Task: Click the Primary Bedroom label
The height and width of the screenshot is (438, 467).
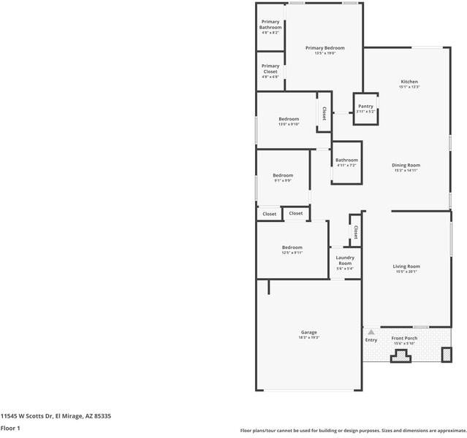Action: point(324,48)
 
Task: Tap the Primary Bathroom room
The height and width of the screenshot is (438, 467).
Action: point(270,28)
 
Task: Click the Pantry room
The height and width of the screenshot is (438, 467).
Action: point(365,108)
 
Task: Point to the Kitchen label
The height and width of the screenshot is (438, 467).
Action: point(409,81)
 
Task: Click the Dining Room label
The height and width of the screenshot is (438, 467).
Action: point(406,165)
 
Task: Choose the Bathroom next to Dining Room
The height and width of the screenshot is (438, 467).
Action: point(346,162)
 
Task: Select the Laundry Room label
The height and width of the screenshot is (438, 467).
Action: point(345,260)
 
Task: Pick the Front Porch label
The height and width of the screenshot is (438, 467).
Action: point(403,338)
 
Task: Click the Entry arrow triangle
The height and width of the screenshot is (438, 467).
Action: point(371,331)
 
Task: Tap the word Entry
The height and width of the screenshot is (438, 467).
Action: point(371,339)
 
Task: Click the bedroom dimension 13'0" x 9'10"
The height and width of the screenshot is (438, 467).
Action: point(289,124)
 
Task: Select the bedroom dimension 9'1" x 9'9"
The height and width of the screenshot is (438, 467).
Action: point(283,180)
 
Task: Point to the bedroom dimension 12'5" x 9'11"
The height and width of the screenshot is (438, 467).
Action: point(292,253)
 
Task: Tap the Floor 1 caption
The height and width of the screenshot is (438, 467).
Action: point(10,428)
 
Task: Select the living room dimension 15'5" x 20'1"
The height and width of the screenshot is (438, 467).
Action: point(406,272)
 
